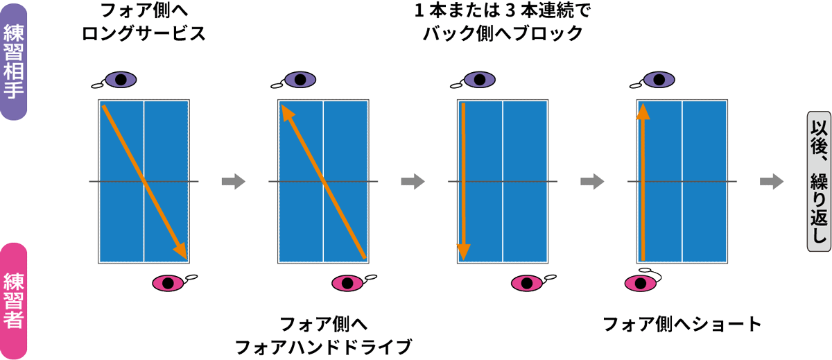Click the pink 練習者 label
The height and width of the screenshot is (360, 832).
tap(15, 300)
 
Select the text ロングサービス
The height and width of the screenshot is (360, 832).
tap(144, 34)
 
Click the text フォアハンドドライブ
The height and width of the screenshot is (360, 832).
tap(323, 345)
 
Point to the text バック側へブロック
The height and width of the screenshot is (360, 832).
tap(503, 34)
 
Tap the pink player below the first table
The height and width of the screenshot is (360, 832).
tap(168, 282)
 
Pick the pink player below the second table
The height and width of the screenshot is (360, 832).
tap(348, 282)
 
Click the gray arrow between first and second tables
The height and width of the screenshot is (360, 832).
tap(233, 182)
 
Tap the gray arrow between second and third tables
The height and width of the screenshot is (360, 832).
tap(413, 182)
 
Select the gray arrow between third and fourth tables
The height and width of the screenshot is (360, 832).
tap(592, 182)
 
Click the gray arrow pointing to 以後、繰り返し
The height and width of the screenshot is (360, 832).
tap(772, 182)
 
